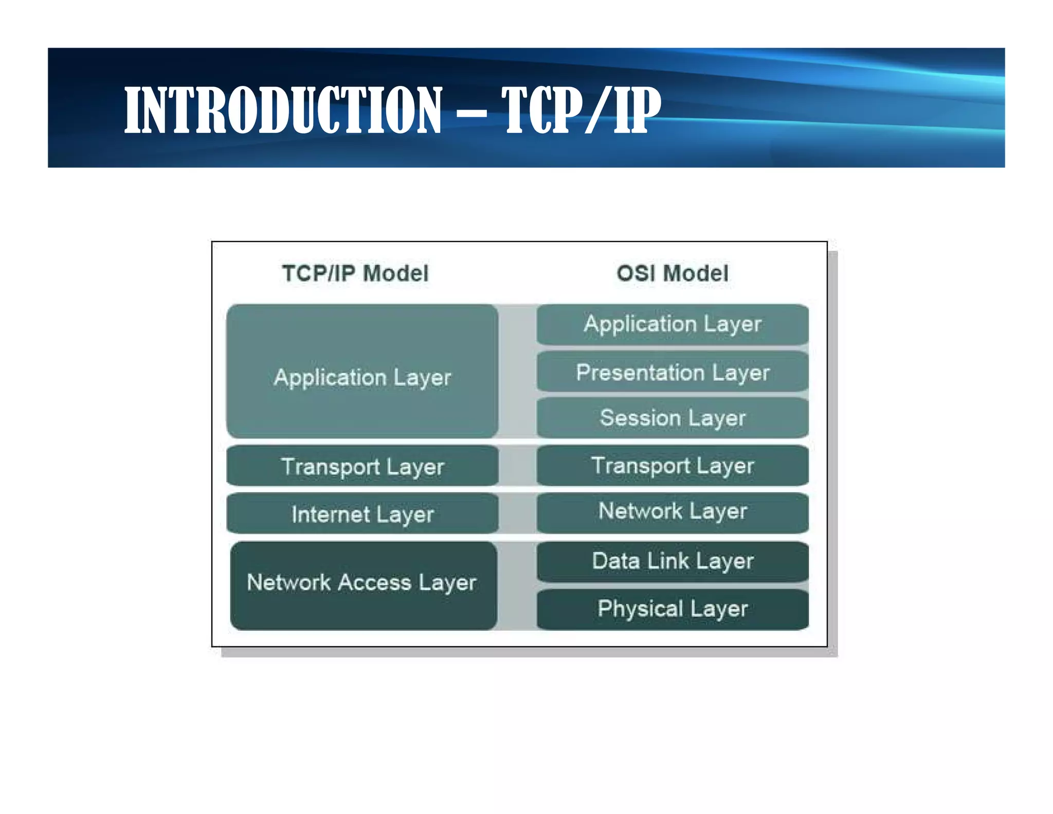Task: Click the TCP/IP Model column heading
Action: pyautogui.click(x=355, y=273)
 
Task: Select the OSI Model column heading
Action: pyautogui.click(x=672, y=273)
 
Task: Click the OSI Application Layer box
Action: pyautogui.click(x=672, y=324)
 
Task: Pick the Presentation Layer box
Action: pyautogui.click(x=672, y=372)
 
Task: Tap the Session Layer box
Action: pyautogui.click(x=672, y=417)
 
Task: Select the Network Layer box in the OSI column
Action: pyautogui.click(x=672, y=512)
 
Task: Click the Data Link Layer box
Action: pyautogui.click(x=672, y=561)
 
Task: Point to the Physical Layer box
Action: pyautogui.click(x=672, y=609)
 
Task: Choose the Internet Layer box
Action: pyautogui.click(x=362, y=514)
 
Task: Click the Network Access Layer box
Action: pyautogui.click(x=362, y=584)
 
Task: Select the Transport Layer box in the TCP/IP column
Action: pyautogui.click(x=362, y=466)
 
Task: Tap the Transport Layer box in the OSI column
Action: pyautogui.click(x=672, y=465)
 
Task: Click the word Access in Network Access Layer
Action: pyautogui.click(x=374, y=582)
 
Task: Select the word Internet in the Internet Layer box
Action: pyautogui.click(x=331, y=514)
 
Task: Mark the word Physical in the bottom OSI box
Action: pyautogui.click(x=640, y=609)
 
